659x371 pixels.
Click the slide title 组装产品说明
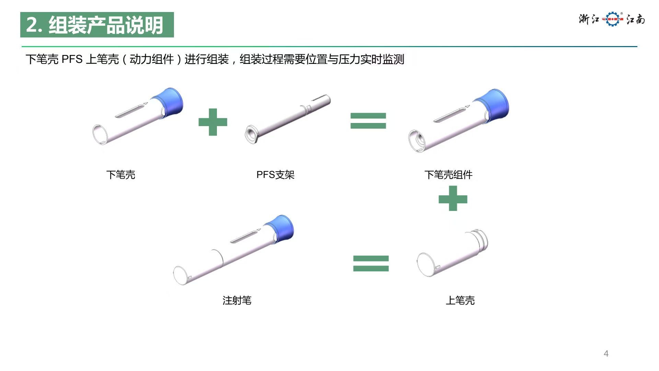(106, 25)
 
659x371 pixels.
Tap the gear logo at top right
(613, 19)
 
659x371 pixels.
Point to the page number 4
(606, 353)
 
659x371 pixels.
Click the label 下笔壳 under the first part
(121, 175)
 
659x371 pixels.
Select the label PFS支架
(275, 175)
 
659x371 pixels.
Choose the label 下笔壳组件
(448, 175)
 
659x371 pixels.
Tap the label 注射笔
(237, 301)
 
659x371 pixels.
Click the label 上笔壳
(460, 301)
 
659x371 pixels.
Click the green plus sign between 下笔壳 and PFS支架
(213, 122)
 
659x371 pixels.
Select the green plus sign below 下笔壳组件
(453, 199)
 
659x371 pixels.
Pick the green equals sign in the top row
(368, 121)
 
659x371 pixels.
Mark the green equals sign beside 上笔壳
(371, 263)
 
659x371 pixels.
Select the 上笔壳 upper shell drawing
(452, 253)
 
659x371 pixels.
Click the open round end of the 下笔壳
(100, 134)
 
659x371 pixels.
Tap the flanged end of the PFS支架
(252, 134)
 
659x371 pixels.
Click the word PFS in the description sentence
(72, 59)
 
